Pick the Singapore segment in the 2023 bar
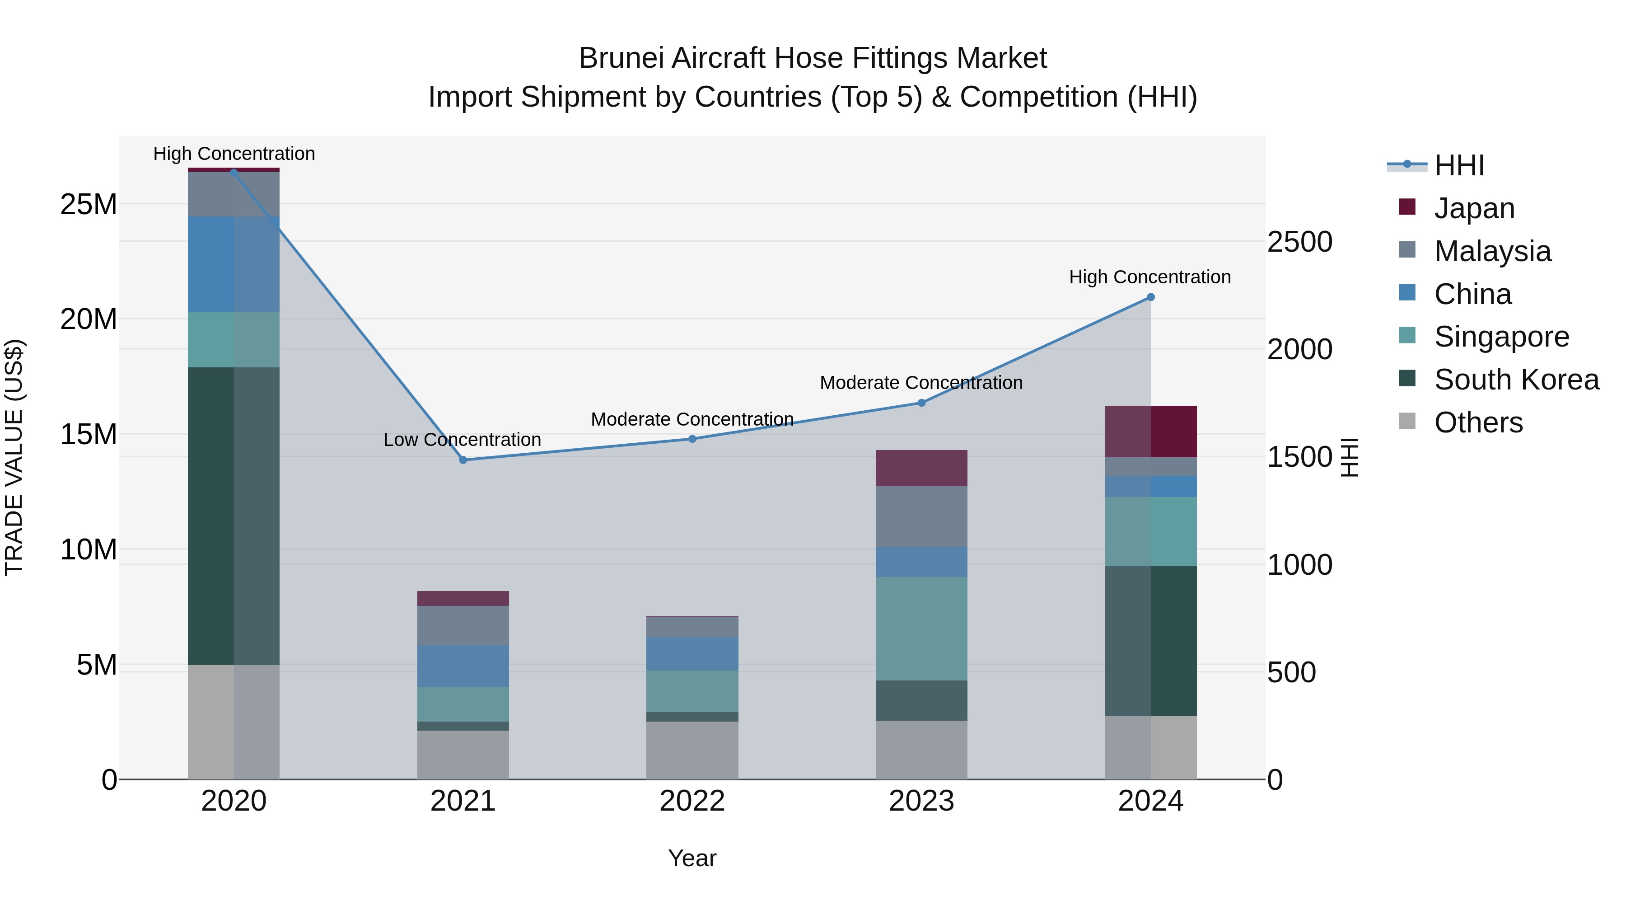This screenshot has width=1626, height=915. pyautogui.click(x=921, y=629)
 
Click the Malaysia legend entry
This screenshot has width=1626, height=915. pyautogui.click(x=1492, y=251)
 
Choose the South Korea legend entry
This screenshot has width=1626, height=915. pyautogui.click(x=1516, y=380)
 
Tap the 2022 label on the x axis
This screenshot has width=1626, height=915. pyautogui.click(x=692, y=801)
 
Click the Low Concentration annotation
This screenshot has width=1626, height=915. pyautogui.click(x=462, y=440)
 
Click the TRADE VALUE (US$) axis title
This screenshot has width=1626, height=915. pyautogui.click(x=14, y=457)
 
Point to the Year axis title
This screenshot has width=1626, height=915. pyautogui.click(x=692, y=858)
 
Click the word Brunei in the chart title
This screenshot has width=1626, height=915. pyautogui.click(x=622, y=58)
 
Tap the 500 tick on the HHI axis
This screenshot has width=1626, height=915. pyautogui.click(x=1291, y=672)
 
